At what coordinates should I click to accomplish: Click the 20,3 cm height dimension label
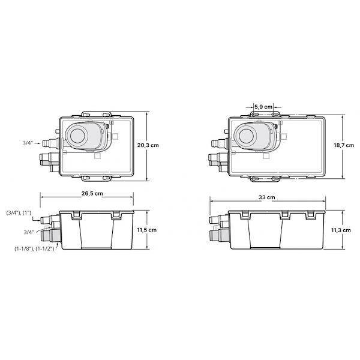point(148,145)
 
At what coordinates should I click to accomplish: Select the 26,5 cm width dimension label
point(92,194)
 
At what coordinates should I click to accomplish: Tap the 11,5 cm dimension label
point(147,230)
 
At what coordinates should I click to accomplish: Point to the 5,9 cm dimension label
point(263,107)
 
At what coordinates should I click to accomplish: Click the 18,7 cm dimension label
point(344,145)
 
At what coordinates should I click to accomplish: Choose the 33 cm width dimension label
point(267,197)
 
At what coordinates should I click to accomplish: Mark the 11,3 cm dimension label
point(341,230)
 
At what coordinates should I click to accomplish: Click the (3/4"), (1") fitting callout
point(19,213)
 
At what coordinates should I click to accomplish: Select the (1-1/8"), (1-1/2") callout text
point(34,248)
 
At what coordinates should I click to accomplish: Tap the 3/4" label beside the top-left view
point(28,143)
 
